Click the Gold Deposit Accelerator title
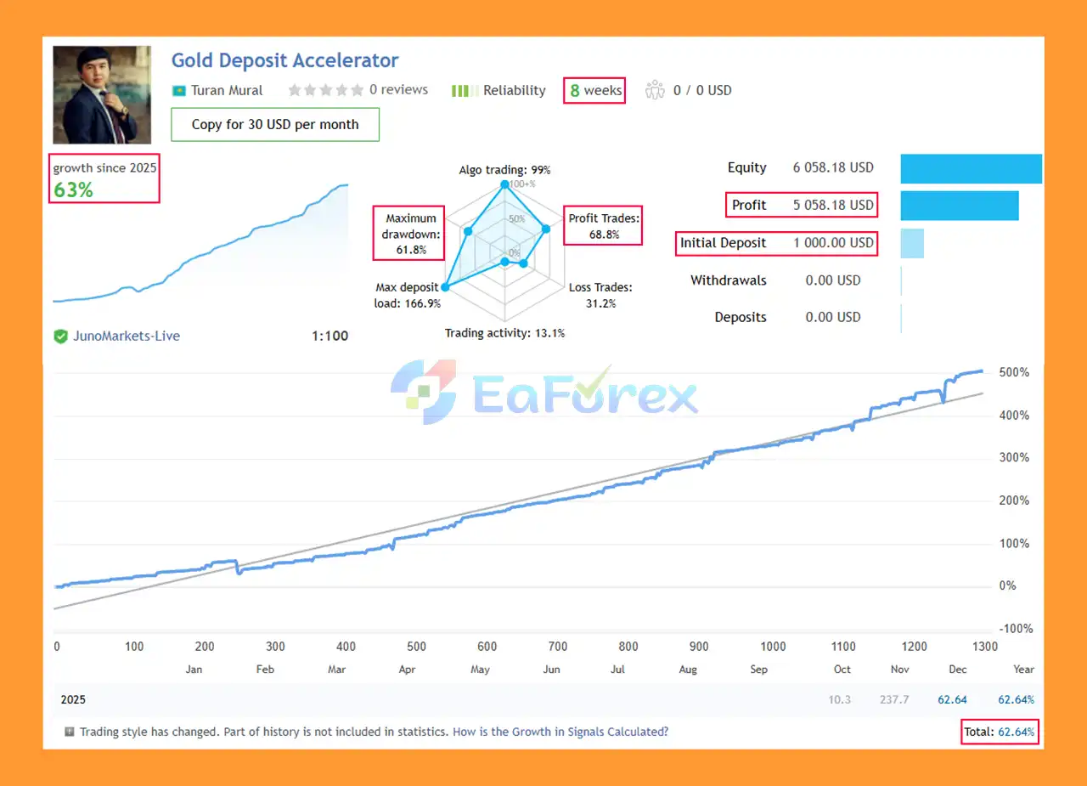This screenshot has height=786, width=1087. (x=284, y=61)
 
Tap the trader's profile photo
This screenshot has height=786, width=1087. (x=102, y=94)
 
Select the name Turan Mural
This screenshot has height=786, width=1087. (x=227, y=91)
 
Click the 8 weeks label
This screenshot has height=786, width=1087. (x=594, y=91)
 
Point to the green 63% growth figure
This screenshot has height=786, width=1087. (x=74, y=189)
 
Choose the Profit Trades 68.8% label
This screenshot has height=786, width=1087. (x=604, y=226)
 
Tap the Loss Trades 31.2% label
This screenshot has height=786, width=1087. (x=600, y=296)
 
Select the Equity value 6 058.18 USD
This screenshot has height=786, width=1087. (x=833, y=168)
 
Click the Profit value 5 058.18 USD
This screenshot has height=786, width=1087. (x=833, y=206)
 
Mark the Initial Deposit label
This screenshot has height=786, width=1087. (x=723, y=243)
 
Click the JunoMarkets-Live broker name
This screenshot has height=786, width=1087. (x=127, y=336)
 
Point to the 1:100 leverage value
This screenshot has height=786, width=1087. (x=329, y=336)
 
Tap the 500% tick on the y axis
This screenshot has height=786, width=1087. (x=1014, y=373)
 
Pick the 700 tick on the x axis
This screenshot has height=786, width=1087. (x=557, y=647)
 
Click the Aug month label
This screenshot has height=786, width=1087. (x=688, y=670)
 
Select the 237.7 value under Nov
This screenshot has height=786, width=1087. (x=894, y=700)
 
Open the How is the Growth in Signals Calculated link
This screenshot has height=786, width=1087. (x=560, y=732)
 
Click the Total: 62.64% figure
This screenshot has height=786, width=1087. (x=1000, y=732)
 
